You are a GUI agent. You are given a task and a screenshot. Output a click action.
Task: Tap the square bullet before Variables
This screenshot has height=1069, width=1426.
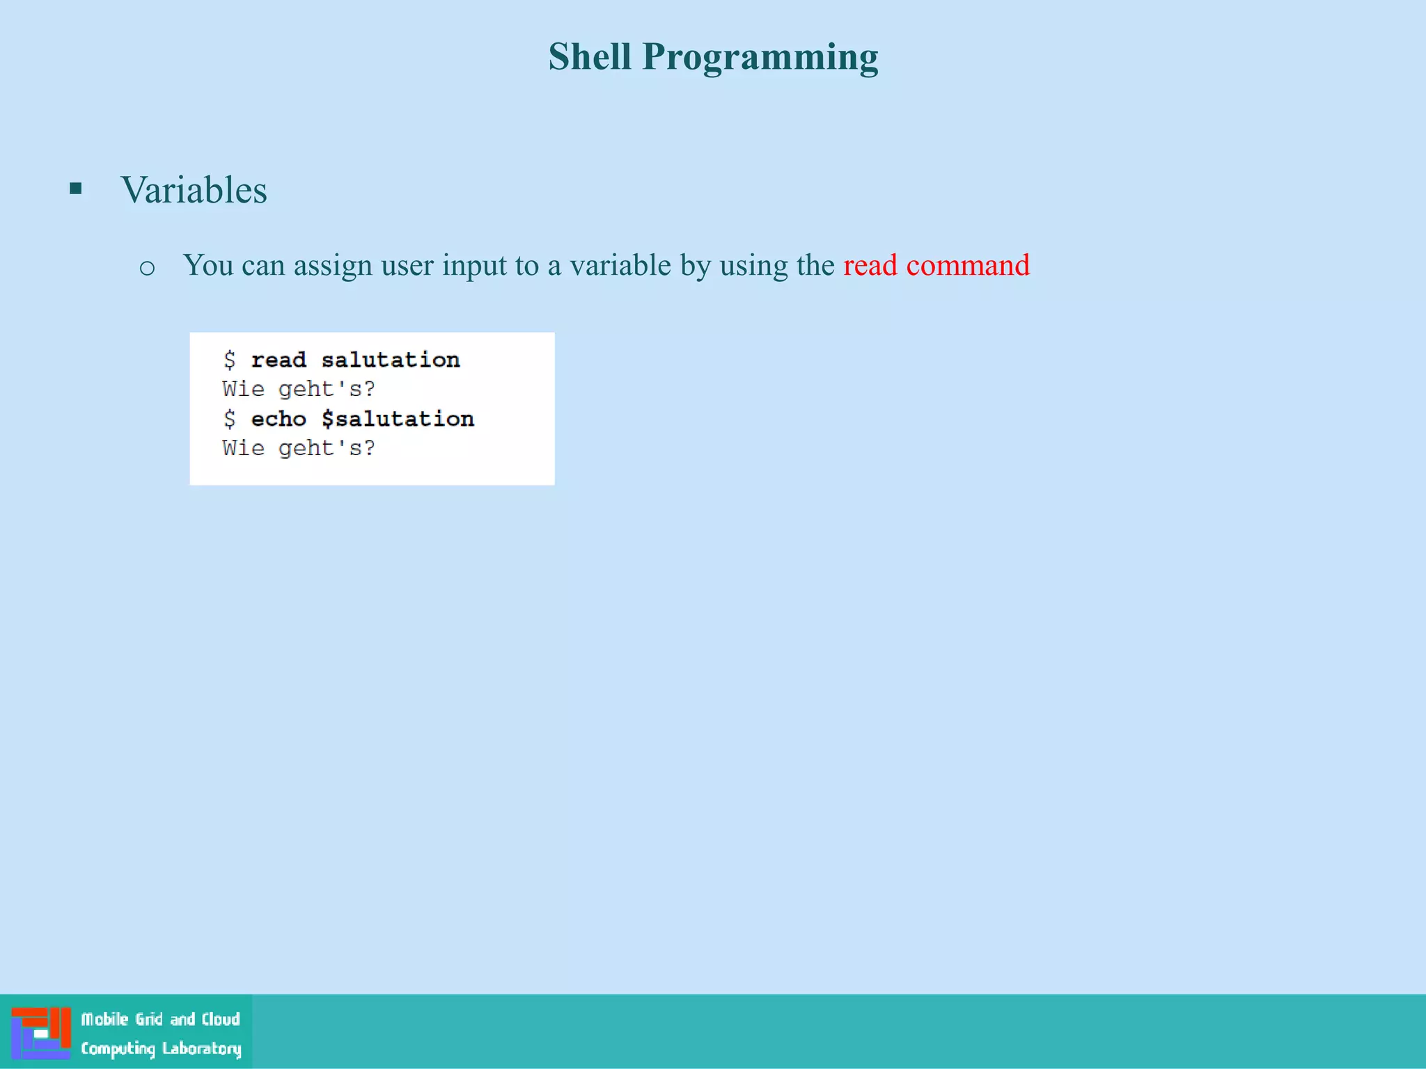76,188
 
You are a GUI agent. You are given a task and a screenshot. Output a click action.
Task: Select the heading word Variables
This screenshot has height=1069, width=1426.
194,190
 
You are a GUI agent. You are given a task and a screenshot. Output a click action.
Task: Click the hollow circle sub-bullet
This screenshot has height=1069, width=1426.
147,268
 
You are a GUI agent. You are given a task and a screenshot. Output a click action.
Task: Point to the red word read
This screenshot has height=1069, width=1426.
870,265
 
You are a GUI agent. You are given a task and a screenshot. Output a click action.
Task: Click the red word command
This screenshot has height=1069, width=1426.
968,265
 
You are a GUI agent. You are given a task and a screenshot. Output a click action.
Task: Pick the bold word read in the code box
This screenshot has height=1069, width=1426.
279,360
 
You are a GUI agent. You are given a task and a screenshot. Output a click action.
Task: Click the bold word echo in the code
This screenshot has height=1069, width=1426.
279,419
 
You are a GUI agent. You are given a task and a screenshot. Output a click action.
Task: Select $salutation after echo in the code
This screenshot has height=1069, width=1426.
398,419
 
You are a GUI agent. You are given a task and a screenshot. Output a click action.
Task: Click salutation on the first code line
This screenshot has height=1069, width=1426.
391,360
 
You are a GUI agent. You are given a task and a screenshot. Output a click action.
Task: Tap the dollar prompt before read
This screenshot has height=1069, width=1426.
230,360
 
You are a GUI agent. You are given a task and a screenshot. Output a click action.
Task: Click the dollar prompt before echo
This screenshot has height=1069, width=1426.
230,419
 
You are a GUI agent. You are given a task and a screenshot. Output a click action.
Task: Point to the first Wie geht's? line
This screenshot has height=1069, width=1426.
299,389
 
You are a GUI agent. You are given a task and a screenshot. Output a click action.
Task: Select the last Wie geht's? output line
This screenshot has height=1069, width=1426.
299,448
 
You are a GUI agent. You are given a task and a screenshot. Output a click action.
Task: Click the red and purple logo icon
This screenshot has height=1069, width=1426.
41,1033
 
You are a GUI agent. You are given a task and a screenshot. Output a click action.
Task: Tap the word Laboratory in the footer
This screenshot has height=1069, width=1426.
202,1049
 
